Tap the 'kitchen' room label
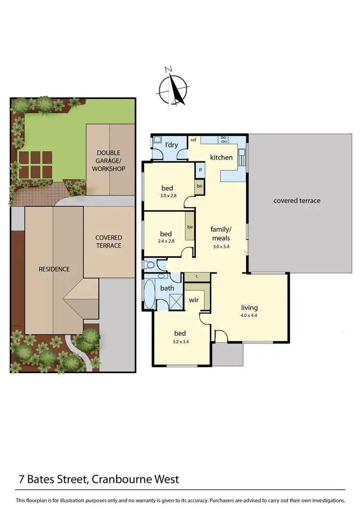[x=221, y=158]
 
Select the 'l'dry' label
[x=171, y=145]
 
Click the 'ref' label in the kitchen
[x=193, y=140]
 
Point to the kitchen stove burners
[x=224, y=140]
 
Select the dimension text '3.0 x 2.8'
[x=167, y=196]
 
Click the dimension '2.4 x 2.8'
[x=166, y=242]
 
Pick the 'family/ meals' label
[x=221, y=234]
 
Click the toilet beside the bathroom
[x=150, y=264]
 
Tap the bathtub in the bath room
[x=150, y=294]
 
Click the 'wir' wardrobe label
[x=193, y=300]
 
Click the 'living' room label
[x=250, y=308]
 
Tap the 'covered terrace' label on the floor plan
[x=297, y=201]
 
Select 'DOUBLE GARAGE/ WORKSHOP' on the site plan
[x=109, y=161]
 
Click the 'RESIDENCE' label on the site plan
[x=54, y=269]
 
